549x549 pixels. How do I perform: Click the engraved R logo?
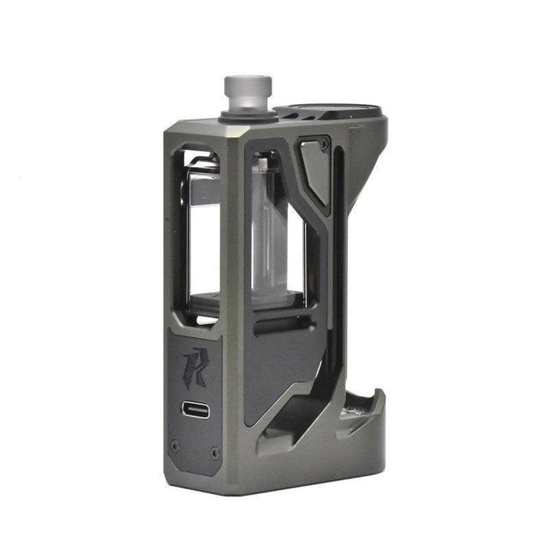click(194, 364)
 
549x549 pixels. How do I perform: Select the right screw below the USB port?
click(216, 452)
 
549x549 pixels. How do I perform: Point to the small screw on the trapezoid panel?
click(323, 144)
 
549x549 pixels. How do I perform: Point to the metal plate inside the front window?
click(202, 188)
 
